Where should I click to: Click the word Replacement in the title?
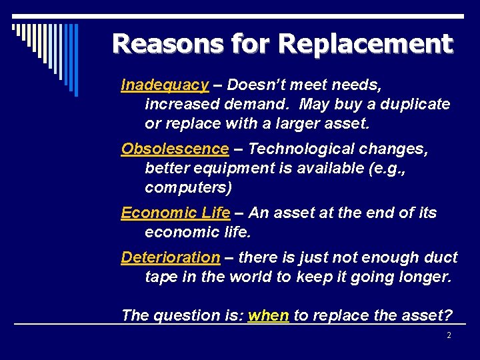pyautogui.click(x=365, y=44)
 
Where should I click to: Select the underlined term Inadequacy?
pyautogui.click(x=165, y=85)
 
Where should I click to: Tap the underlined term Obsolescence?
pyautogui.click(x=175, y=149)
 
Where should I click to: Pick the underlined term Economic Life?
pyautogui.click(x=175, y=213)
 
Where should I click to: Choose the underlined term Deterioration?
pyautogui.click(x=170, y=257)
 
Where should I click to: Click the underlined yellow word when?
pyautogui.click(x=268, y=316)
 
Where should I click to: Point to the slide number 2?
pyautogui.click(x=449, y=335)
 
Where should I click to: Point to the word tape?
pyautogui.click(x=161, y=277)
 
